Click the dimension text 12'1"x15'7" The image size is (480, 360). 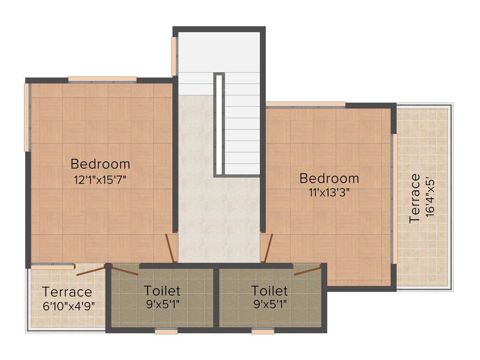100,180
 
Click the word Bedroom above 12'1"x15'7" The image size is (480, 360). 100,164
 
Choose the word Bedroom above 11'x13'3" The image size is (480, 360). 329,178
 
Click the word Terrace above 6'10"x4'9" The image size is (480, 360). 67,292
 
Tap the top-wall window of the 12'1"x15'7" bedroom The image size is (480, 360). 102,79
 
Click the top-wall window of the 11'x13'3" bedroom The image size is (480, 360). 306,105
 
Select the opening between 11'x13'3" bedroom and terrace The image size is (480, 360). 395,199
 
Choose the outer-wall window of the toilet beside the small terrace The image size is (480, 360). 166,331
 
